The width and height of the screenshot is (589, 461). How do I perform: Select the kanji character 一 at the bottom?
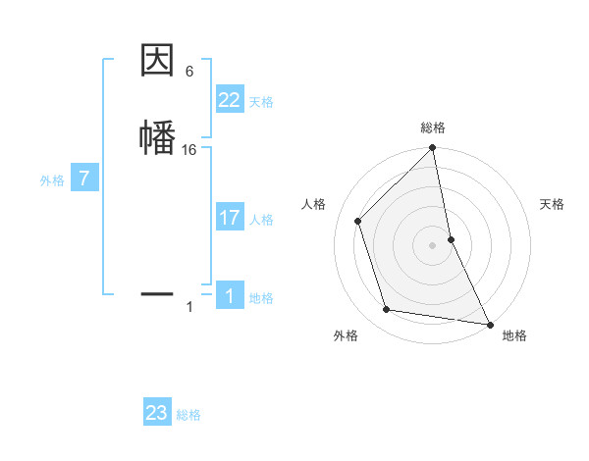158,292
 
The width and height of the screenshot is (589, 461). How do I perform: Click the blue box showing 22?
230,100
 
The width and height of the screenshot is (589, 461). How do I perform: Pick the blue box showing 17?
230,218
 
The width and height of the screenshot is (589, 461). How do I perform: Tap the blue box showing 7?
84,179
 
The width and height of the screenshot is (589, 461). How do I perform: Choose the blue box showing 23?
157,413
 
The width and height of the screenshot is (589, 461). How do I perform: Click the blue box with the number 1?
230,296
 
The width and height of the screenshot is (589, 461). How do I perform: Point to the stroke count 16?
189,150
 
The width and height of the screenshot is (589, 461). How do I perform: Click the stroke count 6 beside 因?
189,72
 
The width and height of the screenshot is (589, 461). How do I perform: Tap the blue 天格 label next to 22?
261,102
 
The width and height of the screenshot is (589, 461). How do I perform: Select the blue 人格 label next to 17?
261,220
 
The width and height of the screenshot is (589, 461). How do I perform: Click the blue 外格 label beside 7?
51,180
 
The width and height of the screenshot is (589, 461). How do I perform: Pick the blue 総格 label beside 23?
188,415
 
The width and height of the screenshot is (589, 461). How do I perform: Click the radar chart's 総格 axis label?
433,128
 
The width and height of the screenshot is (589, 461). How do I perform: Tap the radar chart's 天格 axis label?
553,204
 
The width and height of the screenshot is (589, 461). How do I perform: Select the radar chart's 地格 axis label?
514,335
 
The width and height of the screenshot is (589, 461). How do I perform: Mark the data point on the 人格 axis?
358,221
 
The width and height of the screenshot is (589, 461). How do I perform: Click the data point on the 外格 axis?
387,310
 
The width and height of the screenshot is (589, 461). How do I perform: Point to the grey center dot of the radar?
433,245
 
